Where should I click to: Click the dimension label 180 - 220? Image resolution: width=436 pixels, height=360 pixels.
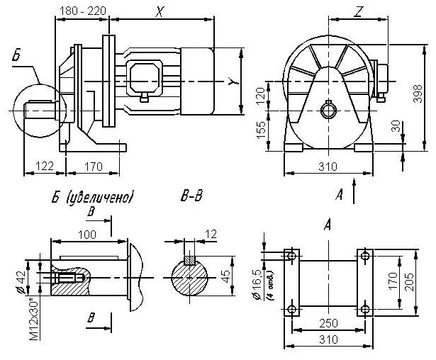pos(81,11)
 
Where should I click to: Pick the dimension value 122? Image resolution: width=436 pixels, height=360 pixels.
pos(44,166)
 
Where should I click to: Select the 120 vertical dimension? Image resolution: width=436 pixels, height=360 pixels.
pos(261,94)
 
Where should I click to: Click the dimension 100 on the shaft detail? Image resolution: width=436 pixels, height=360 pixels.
pos(88,235)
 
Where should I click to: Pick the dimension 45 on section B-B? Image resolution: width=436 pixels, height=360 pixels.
pos(225,274)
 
